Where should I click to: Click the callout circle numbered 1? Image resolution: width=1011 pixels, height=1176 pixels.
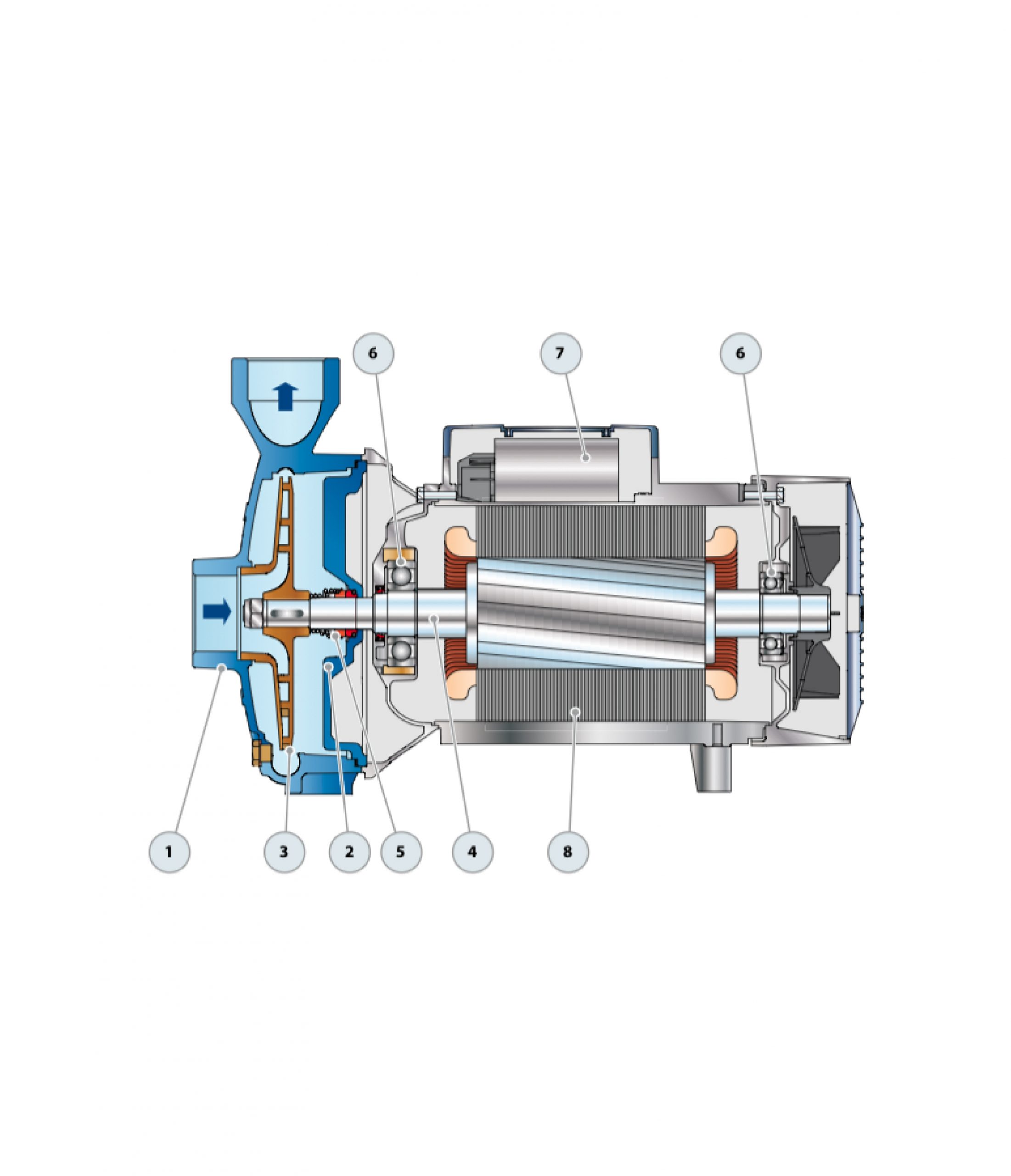(x=169, y=852)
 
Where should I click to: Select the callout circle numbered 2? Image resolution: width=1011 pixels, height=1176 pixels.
(x=349, y=852)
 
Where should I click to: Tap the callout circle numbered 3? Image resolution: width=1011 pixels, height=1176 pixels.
(x=284, y=852)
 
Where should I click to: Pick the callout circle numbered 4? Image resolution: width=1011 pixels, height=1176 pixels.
(x=472, y=852)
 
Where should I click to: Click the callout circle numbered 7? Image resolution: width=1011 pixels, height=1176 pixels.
(x=561, y=353)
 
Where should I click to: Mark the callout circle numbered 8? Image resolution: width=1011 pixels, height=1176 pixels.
(x=568, y=852)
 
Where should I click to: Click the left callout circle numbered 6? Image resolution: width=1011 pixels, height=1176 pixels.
(x=373, y=353)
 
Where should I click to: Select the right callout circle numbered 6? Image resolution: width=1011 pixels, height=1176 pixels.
(x=741, y=353)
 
